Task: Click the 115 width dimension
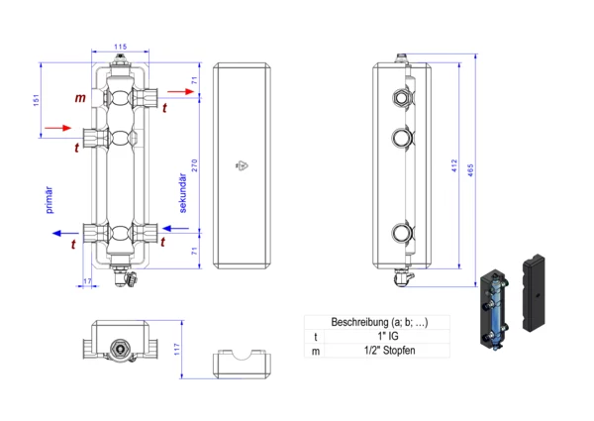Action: pyautogui.click(x=121, y=48)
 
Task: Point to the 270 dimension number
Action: pyautogui.click(x=195, y=167)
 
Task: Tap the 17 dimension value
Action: pyautogui.click(x=87, y=283)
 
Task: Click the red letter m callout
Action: pyautogui.click(x=80, y=98)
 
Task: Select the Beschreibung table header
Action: pyautogui.click(x=376, y=322)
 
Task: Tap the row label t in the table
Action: pyautogui.click(x=316, y=337)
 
